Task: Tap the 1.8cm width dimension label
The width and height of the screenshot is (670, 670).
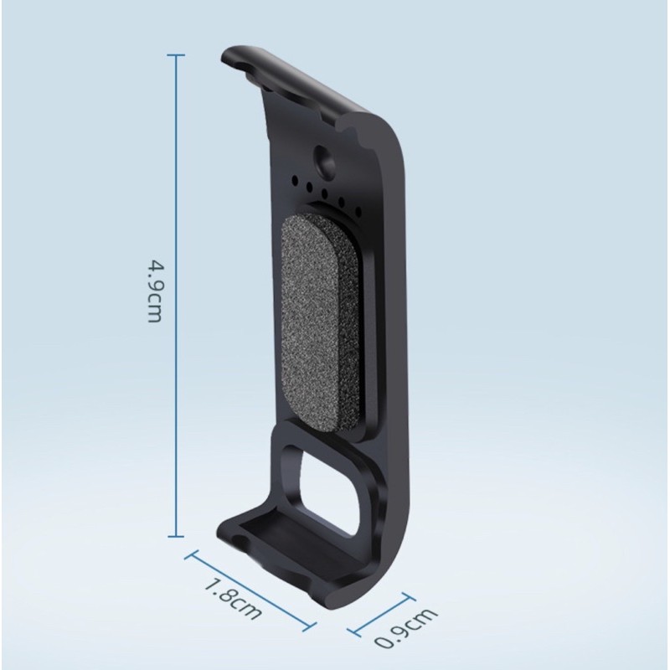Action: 233,599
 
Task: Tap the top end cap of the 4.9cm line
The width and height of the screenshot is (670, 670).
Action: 176,55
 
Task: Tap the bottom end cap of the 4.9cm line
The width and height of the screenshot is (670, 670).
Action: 176,536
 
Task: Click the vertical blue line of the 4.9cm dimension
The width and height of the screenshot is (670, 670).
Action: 176,296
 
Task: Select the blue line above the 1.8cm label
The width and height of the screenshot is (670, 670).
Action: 250,591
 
